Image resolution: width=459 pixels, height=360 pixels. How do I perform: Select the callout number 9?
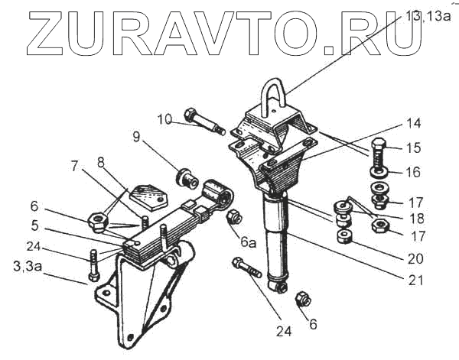point(136,138)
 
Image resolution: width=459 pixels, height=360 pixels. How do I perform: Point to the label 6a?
point(248,242)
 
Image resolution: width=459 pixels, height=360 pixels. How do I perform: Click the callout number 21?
point(415,280)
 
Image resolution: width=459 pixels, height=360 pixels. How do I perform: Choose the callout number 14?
point(414,122)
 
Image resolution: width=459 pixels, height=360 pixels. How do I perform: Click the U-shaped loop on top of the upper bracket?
point(279,95)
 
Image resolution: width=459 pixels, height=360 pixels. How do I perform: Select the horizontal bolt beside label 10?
point(203,123)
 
